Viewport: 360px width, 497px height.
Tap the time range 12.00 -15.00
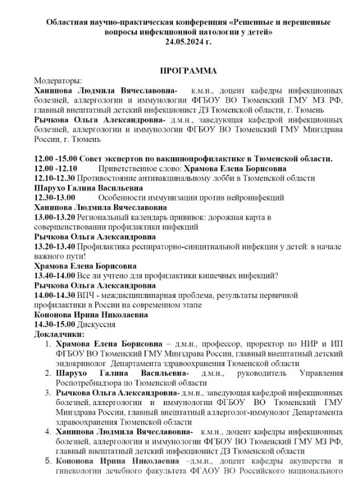coord(55,158)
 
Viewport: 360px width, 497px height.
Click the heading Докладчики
coord(60,335)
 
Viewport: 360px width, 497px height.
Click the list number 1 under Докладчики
coord(49,344)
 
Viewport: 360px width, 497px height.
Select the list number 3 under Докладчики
coord(49,393)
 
